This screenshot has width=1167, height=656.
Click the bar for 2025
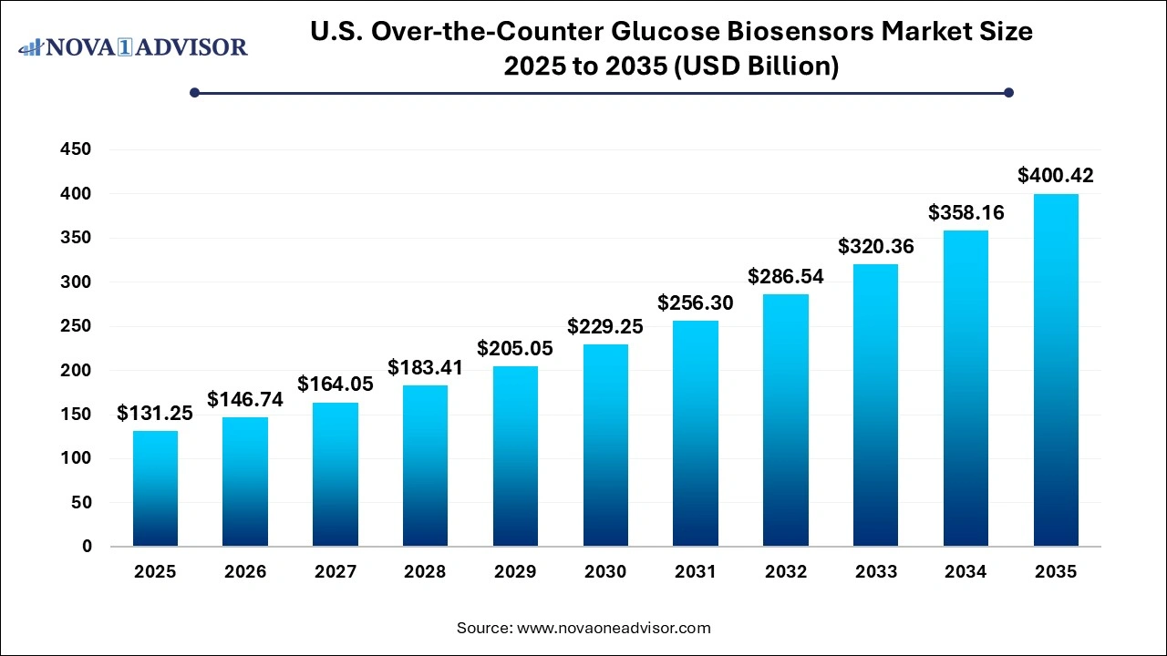155,488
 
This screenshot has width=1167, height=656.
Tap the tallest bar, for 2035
1056,370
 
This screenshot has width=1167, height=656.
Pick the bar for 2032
785,420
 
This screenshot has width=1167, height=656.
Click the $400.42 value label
1056,175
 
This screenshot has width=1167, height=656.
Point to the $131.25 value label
155,413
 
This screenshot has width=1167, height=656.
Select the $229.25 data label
605,326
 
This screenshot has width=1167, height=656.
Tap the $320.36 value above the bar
875,246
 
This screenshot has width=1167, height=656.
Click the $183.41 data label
425,367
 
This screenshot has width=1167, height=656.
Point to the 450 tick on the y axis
76,149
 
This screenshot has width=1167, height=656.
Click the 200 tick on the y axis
76,371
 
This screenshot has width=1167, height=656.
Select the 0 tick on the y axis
87,547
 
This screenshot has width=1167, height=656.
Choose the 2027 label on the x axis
336,572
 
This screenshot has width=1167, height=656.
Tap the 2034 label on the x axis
966,572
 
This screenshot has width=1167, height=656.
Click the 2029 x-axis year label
515,572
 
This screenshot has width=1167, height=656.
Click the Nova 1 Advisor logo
133,46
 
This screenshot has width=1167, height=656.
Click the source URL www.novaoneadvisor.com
613,628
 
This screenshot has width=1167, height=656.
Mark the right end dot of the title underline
1008,92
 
